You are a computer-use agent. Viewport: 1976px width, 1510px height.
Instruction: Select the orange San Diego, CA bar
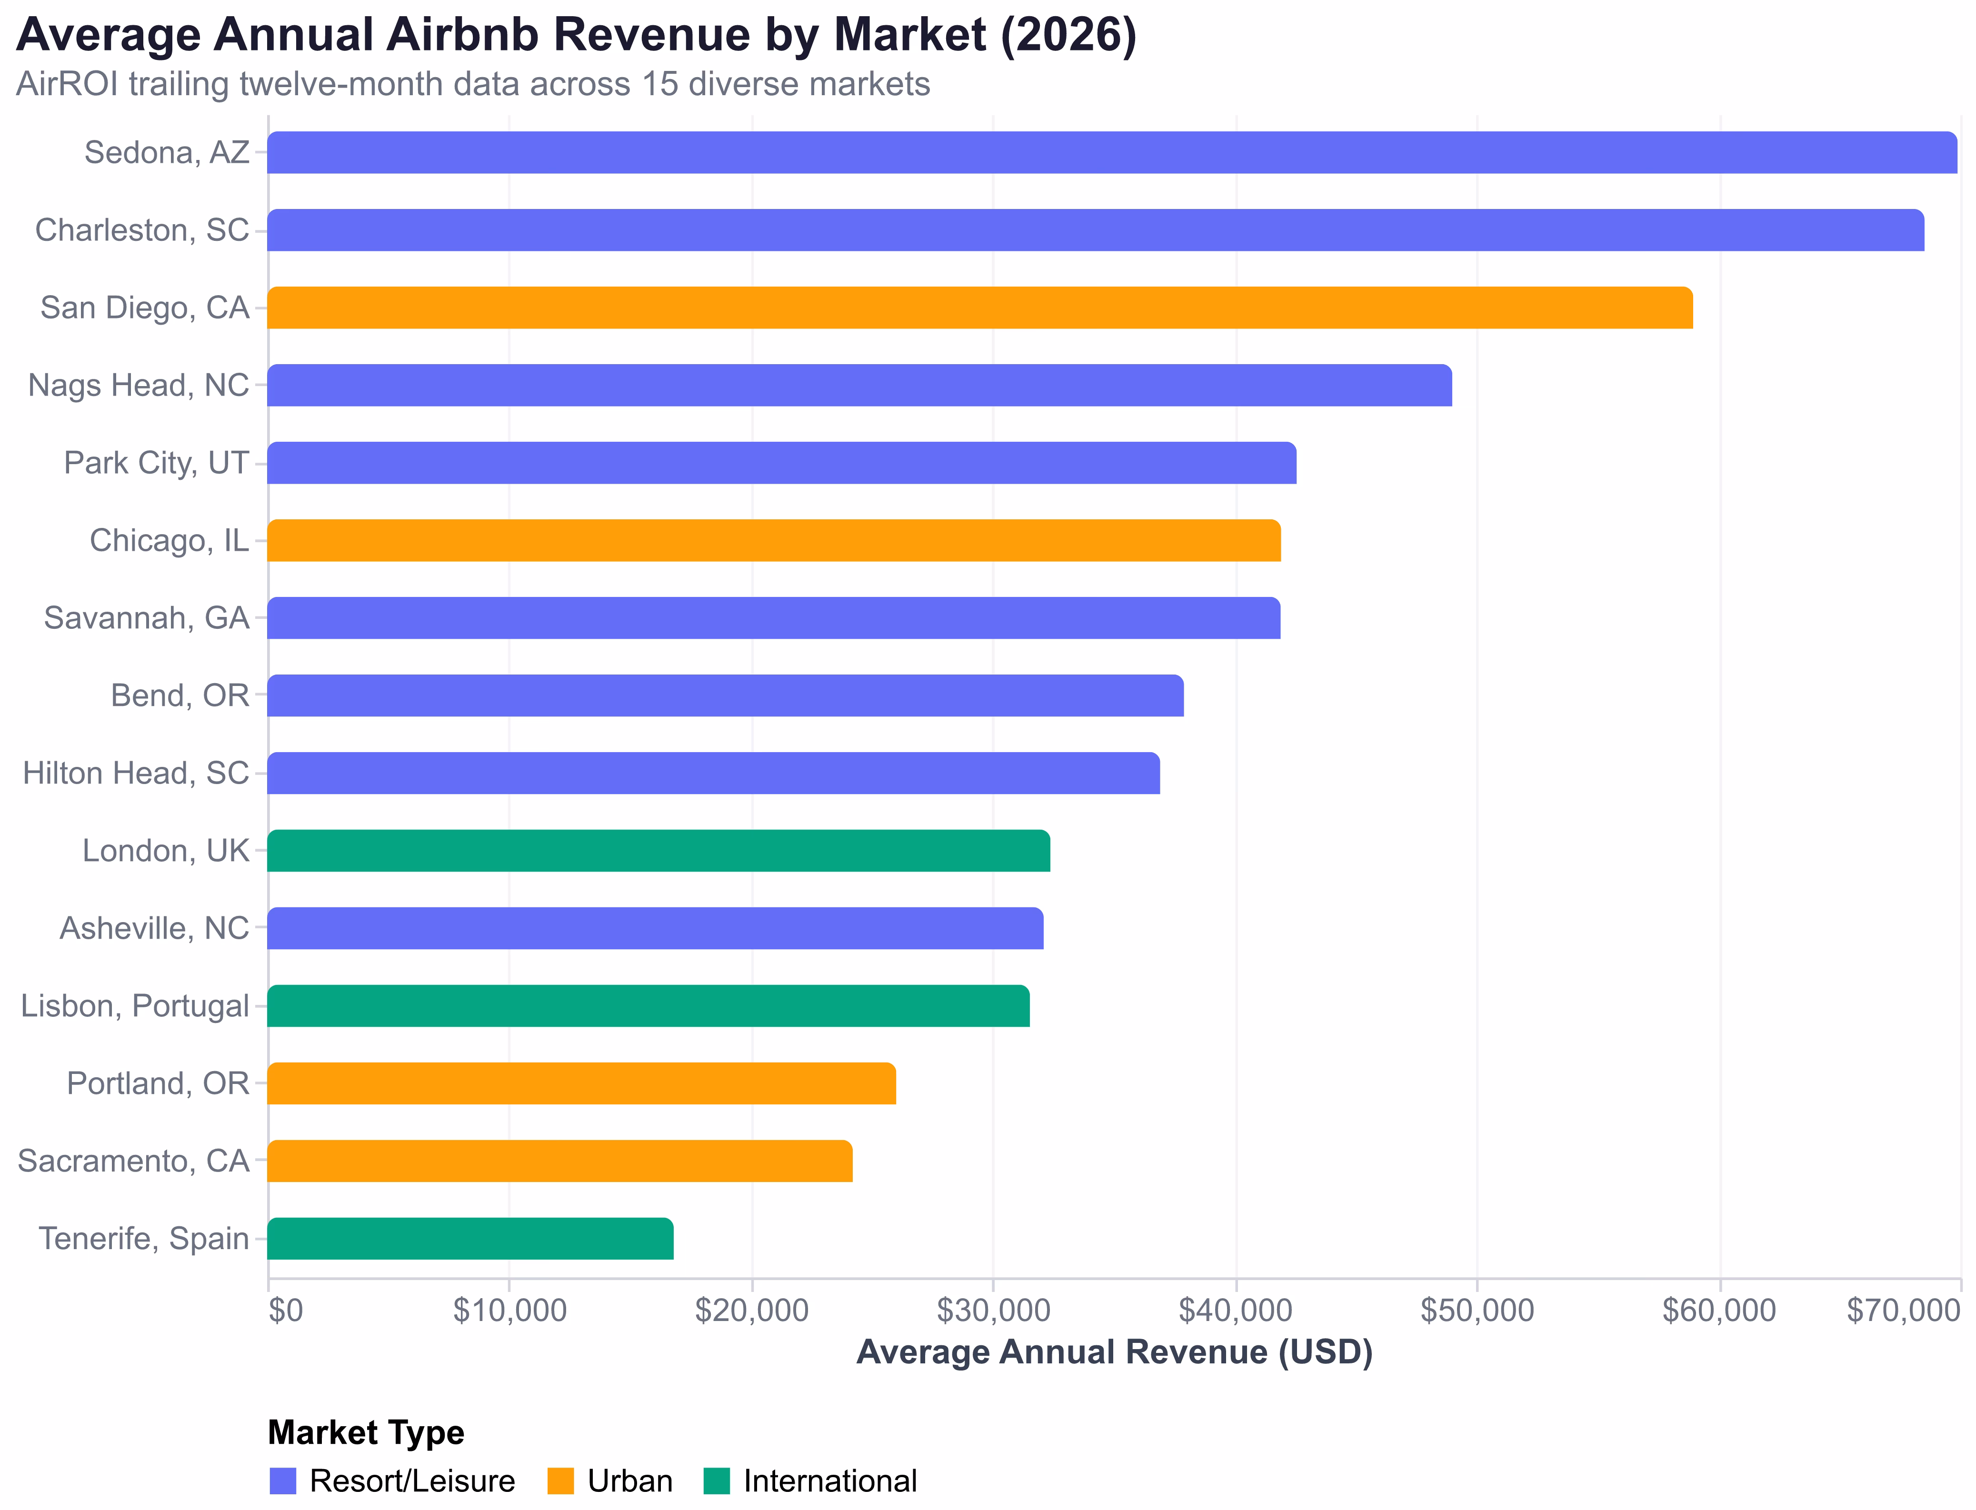980,308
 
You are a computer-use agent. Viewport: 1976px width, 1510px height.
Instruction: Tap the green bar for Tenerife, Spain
470,1239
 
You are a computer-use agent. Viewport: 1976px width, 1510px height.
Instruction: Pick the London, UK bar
658,850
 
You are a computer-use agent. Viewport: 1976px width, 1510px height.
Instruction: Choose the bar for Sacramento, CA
559,1161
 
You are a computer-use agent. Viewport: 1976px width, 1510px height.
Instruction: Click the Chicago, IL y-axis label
169,540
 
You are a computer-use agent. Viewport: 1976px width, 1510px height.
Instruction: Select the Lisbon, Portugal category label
135,1006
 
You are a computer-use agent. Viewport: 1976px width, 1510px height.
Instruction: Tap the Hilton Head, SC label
136,773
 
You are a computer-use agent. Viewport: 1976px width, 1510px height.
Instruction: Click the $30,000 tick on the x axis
993,1311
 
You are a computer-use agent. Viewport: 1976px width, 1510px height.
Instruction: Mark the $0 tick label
286,1311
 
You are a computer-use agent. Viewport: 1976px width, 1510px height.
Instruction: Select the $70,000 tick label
1903,1311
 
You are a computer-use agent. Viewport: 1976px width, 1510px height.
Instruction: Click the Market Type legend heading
366,1433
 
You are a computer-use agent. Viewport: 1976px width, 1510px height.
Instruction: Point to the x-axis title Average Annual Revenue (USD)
1114,1352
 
